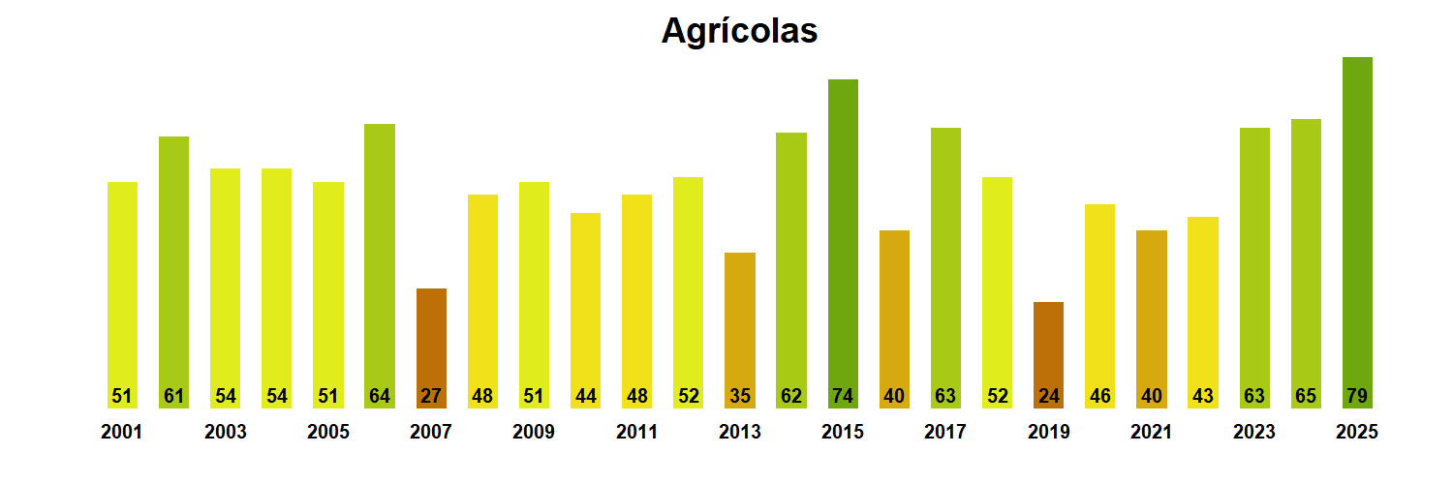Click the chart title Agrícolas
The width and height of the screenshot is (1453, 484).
click(x=739, y=31)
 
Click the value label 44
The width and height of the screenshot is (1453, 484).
click(x=585, y=396)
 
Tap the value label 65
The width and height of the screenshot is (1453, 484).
click(x=1306, y=396)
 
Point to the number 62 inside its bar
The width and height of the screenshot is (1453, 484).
click(x=791, y=396)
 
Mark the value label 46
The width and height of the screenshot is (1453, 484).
click(x=1099, y=396)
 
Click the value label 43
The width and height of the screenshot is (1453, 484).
click(x=1202, y=396)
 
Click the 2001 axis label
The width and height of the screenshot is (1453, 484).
click(x=121, y=433)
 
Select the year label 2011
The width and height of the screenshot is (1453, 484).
click(x=636, y=433)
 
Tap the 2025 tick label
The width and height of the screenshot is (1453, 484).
click(x=1356, y=433)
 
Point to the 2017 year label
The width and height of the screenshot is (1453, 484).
click(x=945, y=433)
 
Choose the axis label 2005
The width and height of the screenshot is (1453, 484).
click(x=328, y=433)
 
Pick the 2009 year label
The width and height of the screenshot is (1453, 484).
click(x=534, y=433)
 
